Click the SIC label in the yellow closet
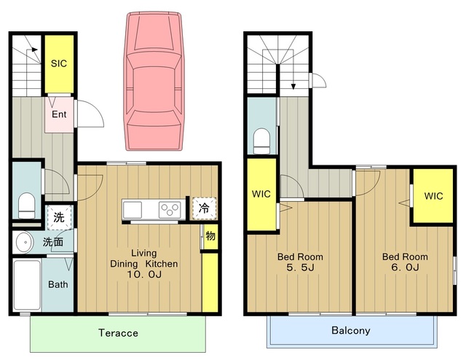tap(59, 63)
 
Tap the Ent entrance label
tap(59, 114)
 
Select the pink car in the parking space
tap(154, 81)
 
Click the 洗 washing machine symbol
tap(60, 217)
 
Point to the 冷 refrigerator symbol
tap(204, 208)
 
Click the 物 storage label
tap(210, 236)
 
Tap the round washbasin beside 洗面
tap(23, 242)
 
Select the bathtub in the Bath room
tap(27, 286)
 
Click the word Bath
tap(58, 284)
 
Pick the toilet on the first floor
tap(27, 206)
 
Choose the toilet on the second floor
tap(261, 141)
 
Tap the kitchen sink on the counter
tap(133, 209)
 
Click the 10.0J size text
tap(144, 274)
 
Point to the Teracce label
tap(118, 333)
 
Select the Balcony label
tap(351, 331)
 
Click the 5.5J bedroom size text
tap(300, 267)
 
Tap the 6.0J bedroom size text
tap(405, 267)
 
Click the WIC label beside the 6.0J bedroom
tap(433, 196)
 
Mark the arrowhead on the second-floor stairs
tap(293, 86)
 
